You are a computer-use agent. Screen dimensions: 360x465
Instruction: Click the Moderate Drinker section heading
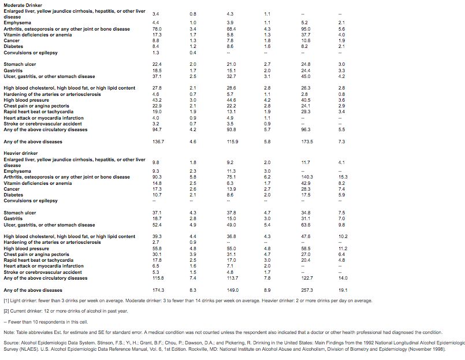[x=21, y=5]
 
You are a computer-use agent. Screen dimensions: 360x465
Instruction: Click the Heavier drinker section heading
[x=19, y=153]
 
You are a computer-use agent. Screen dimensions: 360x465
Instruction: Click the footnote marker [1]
[x=6, y=301]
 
